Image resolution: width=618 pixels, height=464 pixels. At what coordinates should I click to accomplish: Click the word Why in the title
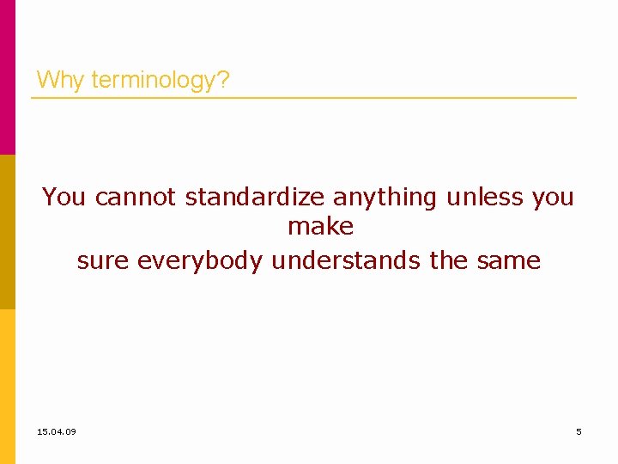click(x=61, y=81)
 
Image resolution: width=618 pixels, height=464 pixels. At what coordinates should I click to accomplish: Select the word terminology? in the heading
click(x=160, y=81)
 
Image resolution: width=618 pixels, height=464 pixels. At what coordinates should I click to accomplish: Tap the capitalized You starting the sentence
click(x=64, y=197)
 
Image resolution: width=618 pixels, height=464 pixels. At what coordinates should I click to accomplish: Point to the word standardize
click(x=255, y=197)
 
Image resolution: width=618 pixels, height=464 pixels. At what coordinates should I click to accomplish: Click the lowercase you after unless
click(x=553, y=197)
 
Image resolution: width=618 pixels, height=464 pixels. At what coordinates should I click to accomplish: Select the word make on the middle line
click(x=320, y=227)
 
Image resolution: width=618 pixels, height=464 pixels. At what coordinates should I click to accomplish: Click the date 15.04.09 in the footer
click(x=57, y=431)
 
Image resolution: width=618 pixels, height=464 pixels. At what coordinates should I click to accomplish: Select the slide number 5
click(x=579, y=431)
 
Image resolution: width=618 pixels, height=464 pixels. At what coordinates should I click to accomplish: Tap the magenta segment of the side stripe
click(x=7, y=77)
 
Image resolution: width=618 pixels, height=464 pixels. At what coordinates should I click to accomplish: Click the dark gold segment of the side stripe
click(x=7, y=232)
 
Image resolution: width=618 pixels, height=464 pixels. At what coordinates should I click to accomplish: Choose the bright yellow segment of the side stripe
click(x=7, y=387)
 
